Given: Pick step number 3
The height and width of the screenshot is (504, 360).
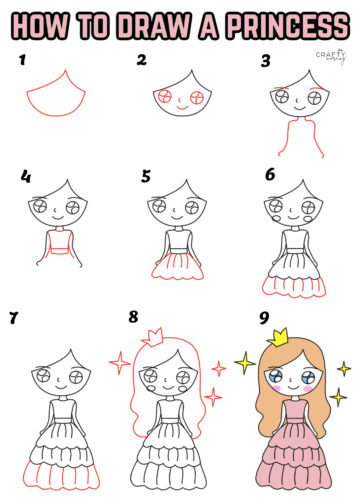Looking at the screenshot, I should [x=266, y=61].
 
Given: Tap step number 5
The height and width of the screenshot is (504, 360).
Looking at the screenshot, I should [x=146, y=176].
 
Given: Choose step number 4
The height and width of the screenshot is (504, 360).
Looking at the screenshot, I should [x=25, y=178].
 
